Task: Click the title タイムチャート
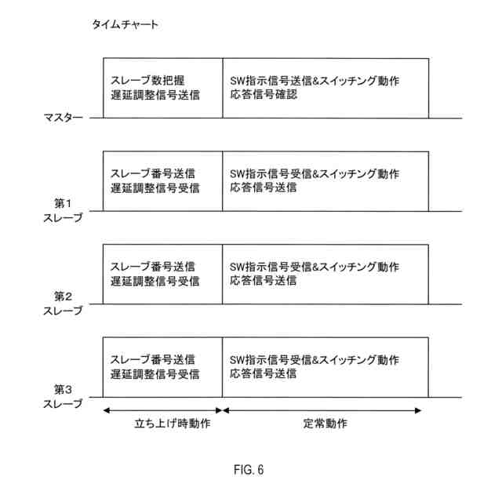(125, 25)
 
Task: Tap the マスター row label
(63, 118)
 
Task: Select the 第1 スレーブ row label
(63, 210)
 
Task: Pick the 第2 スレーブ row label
(63, 304)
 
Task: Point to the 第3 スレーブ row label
(63, 396)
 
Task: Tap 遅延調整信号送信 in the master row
(155, 95)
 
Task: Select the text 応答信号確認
(264, 95)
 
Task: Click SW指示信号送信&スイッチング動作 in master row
(315, 80)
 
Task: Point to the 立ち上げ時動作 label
(162, 424)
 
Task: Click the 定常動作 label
(326, 424)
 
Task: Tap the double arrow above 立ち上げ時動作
(162, 409)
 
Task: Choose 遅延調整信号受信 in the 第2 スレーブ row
(155, 281)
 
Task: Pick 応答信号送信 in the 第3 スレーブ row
(264, 374)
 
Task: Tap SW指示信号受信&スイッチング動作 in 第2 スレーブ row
(315, 267)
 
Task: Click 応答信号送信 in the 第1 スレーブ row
(264, 188)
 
